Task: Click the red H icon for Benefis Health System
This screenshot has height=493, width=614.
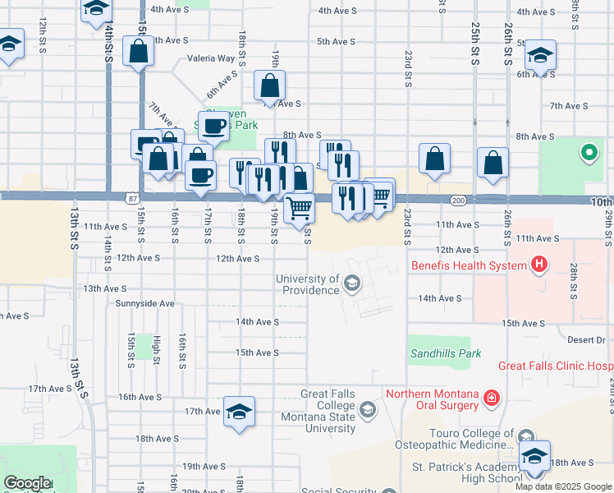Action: (x=538, y=265)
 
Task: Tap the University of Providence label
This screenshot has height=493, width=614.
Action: (x=307, y=284)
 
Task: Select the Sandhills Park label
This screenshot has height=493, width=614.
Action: (x=438, y=354)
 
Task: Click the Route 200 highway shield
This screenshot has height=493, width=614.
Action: (x=458, y=200)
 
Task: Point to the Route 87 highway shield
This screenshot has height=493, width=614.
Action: (x=133, y=199)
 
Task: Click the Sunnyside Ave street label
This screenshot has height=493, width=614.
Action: (x=145, y=303)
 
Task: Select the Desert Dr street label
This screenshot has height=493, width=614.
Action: (x=585, y=339)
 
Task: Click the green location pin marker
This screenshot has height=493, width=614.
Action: (x=588, y=153)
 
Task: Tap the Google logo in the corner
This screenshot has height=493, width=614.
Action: (x=27, y=483)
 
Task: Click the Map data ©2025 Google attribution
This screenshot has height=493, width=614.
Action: (x=564, y=486)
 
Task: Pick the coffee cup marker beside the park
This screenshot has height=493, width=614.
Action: (x=213, y=126)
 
